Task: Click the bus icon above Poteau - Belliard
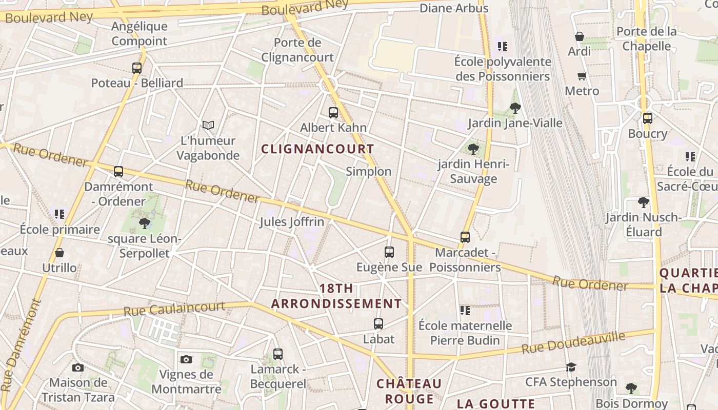tap(137, 68)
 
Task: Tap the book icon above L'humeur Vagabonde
tap(208, 125)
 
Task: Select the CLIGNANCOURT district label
tap(317, 149)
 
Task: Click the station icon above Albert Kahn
tap(333, 113)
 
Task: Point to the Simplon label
tap(368, 172)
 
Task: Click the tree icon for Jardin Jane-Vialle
tap(515, 108)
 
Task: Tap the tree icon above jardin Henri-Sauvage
tap(473, 149)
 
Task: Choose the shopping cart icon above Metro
tap(582, 76)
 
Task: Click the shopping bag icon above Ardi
tap(580, 36)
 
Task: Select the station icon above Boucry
tap(648, 118)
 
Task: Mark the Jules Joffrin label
tap(292, 222)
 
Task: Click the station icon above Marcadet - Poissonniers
tap(465, 237)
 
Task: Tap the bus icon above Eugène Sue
tap(389, 252)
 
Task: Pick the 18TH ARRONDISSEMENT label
tap(336, 296)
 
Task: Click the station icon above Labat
tap(378, 324)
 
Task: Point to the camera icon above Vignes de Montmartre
tap(186, 359)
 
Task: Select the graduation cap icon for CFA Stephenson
tap(571, 367)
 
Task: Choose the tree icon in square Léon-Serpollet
tap(145, 223)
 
